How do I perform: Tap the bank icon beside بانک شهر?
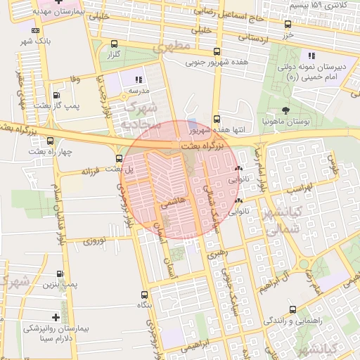coord(36,31)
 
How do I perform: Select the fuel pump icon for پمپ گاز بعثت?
coord(56,95)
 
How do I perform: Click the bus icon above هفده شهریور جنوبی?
coord(216,51)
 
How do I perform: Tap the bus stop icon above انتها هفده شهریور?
coord(216,119)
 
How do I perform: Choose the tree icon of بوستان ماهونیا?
coord(285,110)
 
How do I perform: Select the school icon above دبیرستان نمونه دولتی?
coord(310,56)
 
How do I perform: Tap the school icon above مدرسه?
coord(139,79)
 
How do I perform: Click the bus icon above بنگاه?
coord(145,295)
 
